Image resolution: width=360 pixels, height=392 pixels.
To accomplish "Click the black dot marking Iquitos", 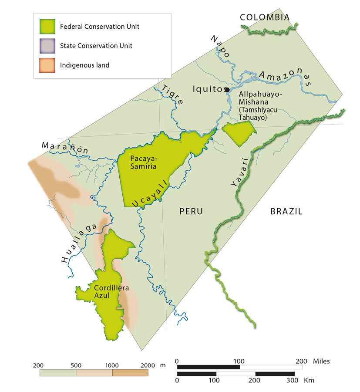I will tap(226, 90).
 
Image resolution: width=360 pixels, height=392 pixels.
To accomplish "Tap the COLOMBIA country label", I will tap(265, 17).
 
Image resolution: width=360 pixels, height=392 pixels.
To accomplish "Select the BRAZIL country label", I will tap(286, 212).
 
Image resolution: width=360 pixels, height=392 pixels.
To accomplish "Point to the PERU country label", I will tap(191, 212).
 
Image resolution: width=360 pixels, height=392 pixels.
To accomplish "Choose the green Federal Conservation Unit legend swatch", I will tap(47, 27).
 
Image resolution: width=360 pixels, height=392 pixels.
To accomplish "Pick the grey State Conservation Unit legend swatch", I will tap(47, 46).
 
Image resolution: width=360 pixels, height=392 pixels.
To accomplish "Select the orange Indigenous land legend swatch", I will tap(47, 65).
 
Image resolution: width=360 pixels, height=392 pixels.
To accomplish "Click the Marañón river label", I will tap(65, 148).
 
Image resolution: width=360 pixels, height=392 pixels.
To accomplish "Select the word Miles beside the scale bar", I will tap(321, 361).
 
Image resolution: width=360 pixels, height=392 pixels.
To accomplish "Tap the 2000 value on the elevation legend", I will tap(148, 365).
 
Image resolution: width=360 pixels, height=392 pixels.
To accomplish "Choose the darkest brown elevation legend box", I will tap(130, 373).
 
